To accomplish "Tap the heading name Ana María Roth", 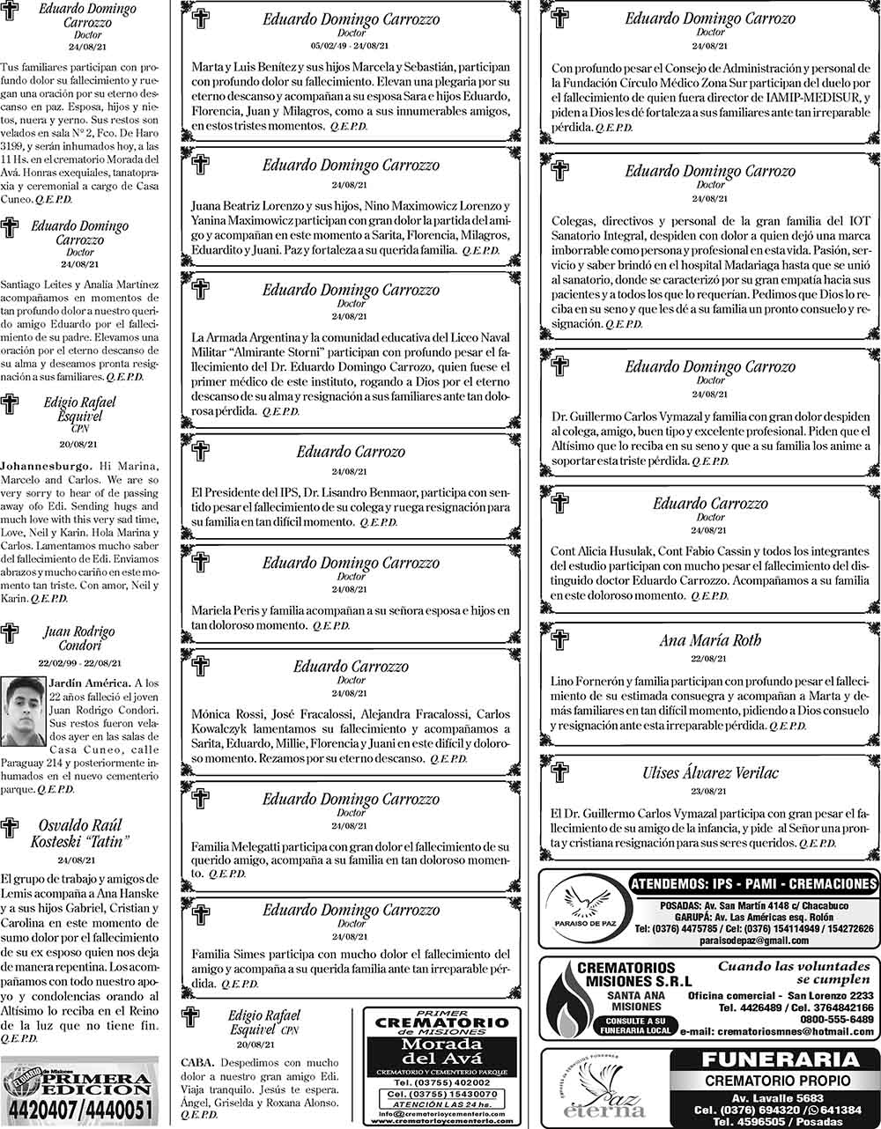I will tap(709, 641).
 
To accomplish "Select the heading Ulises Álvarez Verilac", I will tap(709, 773).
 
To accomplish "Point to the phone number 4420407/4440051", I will tap(80, 1112).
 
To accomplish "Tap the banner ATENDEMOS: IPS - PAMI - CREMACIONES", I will tap(754, 884).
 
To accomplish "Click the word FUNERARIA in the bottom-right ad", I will tap(765, 1059).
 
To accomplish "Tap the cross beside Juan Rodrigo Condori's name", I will tap(11, 632).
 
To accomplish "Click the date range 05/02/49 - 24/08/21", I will tap(352, 45).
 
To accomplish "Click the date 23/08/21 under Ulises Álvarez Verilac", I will tap(709, 792).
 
